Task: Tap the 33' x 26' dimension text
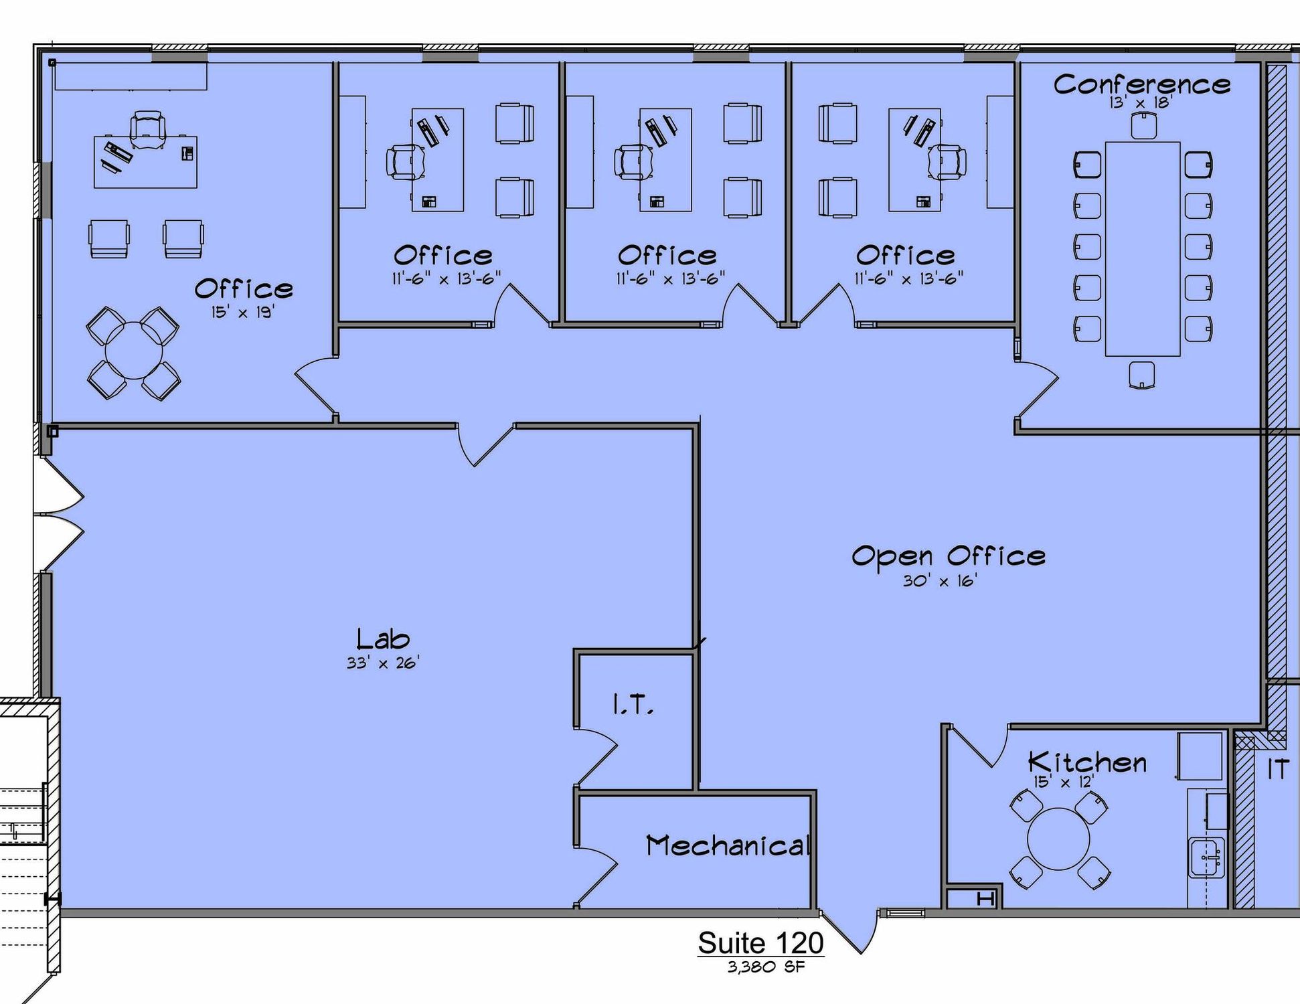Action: pos(382,663)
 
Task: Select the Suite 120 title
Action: pos(760,943)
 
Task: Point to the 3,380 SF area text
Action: pos(766,967)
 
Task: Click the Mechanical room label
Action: pos(728,846)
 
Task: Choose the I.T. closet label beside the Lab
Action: pos(633,705)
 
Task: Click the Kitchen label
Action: pos(1087,762)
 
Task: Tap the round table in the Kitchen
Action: pos(1058,839)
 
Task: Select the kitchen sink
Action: pos(1206,857)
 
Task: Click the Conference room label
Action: pos(1141,84)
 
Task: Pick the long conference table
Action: pos(1142,248)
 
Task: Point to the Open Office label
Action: pos(948,556)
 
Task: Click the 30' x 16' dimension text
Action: pos(940,581)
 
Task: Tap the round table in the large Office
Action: pos(134,351)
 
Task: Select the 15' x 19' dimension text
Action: pos(243,312)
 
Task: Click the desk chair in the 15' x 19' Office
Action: pos(147,129)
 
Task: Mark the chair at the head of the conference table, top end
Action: pos(1143,126)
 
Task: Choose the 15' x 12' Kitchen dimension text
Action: pos(1064,782)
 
